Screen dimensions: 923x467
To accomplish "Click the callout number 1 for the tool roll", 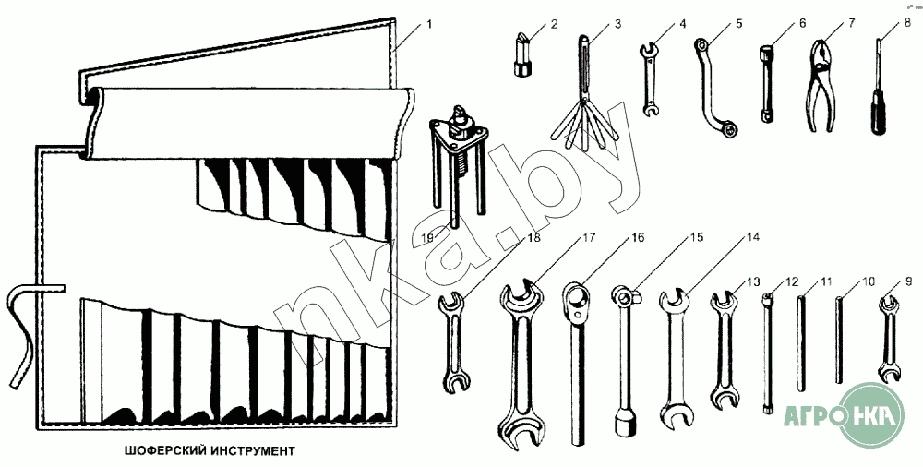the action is pyautogui.click(x=429, y=20).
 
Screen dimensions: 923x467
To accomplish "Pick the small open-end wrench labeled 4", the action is pyautogui.click(x=650, y=78).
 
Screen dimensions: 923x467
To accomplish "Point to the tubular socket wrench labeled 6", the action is pyautogui.click(x=766, y=83).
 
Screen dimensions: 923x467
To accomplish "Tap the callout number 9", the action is pyautogui.click(x=908, y=281).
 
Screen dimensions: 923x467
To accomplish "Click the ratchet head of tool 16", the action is pyautogui.click(x=576, y=299).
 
